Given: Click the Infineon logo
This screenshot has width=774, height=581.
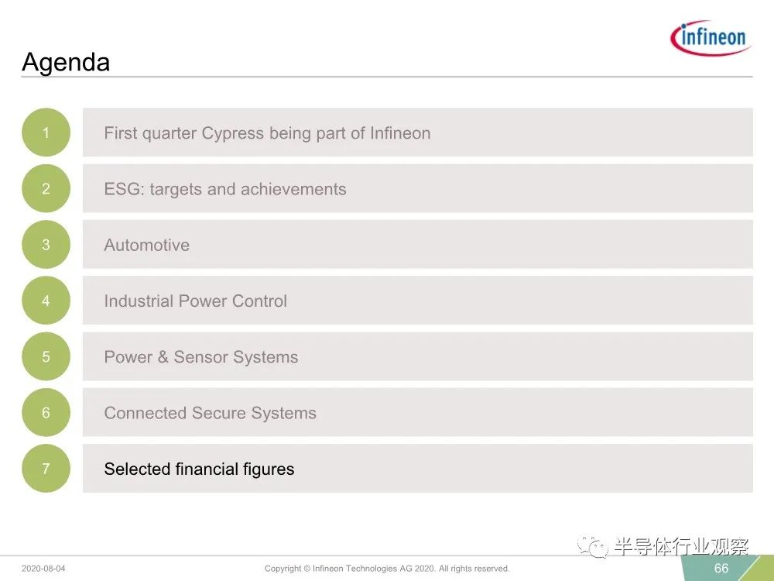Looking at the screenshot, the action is click(711, 38).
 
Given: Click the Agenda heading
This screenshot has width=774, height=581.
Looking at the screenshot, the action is click(66, 63).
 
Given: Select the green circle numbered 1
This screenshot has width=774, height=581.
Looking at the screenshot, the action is click(46, 132).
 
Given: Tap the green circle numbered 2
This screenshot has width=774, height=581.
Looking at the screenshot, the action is click(46, 188).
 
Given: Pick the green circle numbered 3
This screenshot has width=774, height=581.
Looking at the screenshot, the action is click(46, 245).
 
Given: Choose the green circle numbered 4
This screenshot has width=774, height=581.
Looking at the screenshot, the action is click(46, 301).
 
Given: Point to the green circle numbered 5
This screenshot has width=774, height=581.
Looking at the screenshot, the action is click(46, 356).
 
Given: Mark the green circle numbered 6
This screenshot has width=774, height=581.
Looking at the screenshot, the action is click(46, 413).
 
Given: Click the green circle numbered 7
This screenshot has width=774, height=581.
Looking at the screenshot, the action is click(46, 469).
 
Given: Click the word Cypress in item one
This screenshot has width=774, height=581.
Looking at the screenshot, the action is click(232, 134).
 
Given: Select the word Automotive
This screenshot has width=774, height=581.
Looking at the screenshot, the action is click(146, 245).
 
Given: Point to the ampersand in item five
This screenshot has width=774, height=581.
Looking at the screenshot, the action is click(163, 356).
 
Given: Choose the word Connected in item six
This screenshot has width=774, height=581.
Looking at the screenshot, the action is click(146, 413).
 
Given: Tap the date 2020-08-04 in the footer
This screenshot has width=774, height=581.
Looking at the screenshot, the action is click(43, 569).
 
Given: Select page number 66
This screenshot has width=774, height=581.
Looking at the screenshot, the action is click(721, 568).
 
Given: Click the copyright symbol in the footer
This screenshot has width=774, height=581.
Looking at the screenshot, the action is click(307, 569).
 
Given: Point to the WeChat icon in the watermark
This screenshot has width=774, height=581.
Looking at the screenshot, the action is click(593, 547).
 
